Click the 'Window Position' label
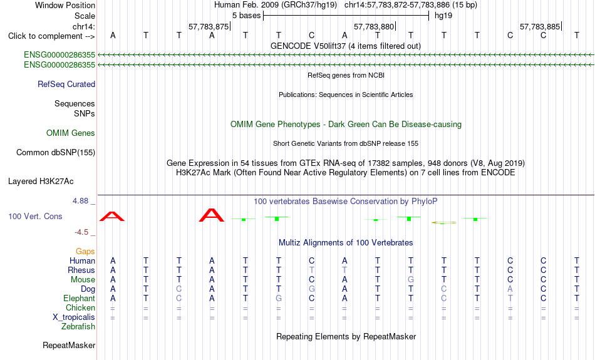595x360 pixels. [65, 5]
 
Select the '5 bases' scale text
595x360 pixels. [247, 16]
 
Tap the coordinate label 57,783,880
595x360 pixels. [374, 26]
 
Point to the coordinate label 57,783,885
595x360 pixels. [540, 26]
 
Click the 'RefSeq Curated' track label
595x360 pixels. [66, 85]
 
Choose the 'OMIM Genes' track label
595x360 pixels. [71, 133]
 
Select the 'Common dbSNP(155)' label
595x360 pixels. [56, 153]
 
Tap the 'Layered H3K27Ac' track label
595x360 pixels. [41, 182]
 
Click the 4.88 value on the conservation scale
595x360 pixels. [80, 201]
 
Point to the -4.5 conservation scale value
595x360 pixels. [81, 232]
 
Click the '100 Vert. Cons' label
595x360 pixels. [35, 216]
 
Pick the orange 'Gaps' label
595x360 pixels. [85, 252]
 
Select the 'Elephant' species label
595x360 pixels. [80, 299]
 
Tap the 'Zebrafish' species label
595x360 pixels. [78, 327]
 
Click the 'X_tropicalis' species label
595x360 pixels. [74, 317]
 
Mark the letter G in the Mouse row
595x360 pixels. [411, 280]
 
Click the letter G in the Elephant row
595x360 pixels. [279, 299]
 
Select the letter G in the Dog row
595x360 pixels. [311, 289]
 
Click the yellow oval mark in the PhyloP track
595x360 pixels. [443, 223]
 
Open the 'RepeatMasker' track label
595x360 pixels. [69, 346]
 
